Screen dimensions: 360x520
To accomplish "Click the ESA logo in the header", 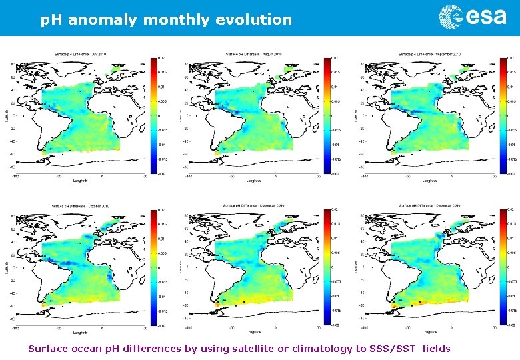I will (472, 17).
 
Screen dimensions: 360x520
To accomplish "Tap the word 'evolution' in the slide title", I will (253, 20).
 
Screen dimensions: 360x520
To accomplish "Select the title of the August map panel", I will (257, 54).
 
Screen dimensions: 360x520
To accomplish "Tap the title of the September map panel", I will (431, 54).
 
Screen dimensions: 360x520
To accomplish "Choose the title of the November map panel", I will (257, 206).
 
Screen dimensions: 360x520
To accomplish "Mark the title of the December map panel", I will (431, 206).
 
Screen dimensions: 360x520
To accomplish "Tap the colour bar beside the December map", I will (502, 268).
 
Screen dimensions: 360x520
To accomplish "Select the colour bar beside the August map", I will (327, 116).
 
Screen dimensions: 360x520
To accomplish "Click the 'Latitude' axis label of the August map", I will (181, 115).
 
